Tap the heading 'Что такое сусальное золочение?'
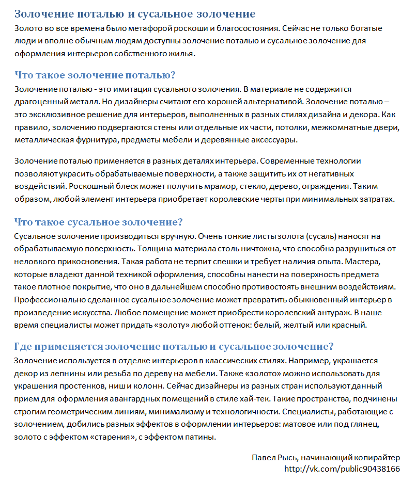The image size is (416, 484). pos(99,222)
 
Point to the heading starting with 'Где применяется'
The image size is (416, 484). pos(174,346)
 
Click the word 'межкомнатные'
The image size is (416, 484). pos(342,126)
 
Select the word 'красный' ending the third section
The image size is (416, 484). pos(351,325)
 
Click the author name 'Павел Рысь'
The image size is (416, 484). pos(271,458)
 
